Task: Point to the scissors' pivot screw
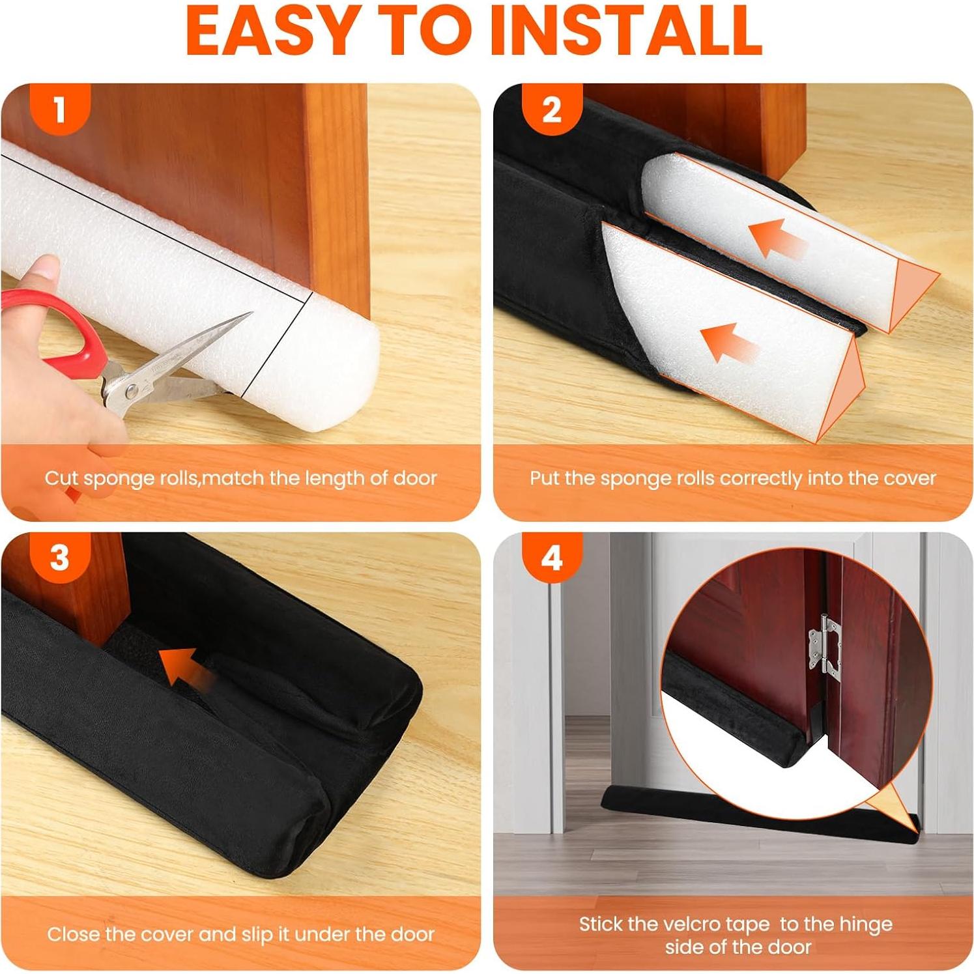[132, 391]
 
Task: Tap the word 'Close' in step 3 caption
[73, 934]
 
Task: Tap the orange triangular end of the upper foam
[915, 293]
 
